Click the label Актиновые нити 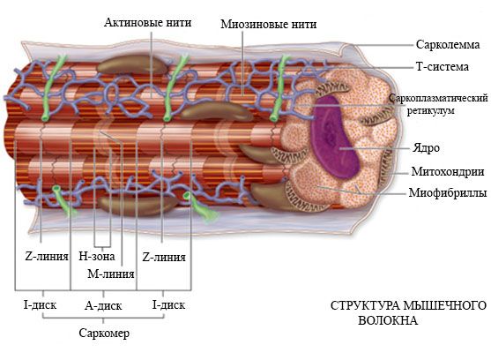coord(147,23)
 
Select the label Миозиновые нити coord(268,24)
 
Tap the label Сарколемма coord(448,44)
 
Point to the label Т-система coord(443,67)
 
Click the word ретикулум coord(430,110)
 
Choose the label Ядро coord(426,147)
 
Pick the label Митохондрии coord(448,171)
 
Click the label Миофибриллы coord(448,192)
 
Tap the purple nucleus coord(334,136)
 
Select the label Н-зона coord(96,256)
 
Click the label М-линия coord(111,274)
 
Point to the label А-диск coord(103,305)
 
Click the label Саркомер coord(104,333)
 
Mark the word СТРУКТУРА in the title coord(365,305)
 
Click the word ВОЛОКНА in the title coord(388,320)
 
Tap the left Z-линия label coord(47,256)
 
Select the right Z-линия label coord(164,258)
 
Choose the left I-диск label coord(40,304)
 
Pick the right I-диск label coord(168,304)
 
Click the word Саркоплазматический coord(438,98)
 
